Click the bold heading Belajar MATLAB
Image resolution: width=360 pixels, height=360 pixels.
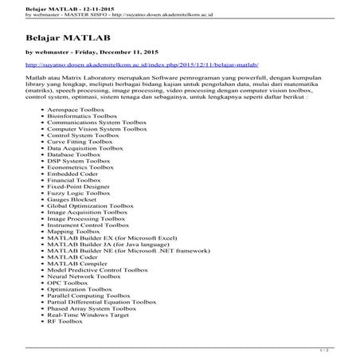[57, 37]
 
